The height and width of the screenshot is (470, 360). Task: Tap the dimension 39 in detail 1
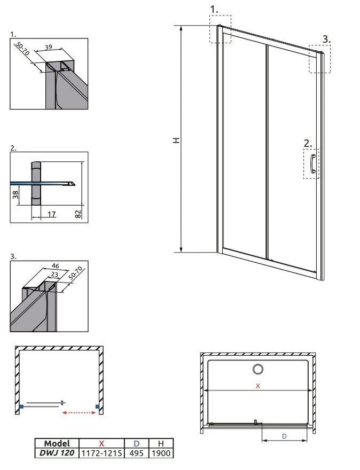48,47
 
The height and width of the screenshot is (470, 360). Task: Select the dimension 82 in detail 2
78,214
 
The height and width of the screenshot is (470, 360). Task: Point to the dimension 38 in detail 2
15,195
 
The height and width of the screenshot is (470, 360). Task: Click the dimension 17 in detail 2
52,214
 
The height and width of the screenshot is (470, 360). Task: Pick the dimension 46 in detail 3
56,265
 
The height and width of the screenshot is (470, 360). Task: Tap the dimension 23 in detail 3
55,274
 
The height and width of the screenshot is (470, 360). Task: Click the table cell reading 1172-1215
101,453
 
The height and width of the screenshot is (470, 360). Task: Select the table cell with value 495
136,453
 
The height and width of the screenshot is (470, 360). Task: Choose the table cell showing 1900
161,453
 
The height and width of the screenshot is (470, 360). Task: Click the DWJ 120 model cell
57,453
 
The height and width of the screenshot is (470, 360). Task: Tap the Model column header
57,443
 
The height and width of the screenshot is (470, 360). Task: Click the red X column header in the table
101,443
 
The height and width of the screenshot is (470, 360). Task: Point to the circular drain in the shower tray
258,369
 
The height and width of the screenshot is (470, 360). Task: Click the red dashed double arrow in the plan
79,413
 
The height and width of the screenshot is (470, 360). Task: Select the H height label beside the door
177,140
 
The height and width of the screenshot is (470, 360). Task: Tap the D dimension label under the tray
285,436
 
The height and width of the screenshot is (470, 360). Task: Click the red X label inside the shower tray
258,386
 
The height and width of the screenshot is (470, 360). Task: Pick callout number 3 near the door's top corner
326,40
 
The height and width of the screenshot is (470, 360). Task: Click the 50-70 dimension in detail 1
23,49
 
